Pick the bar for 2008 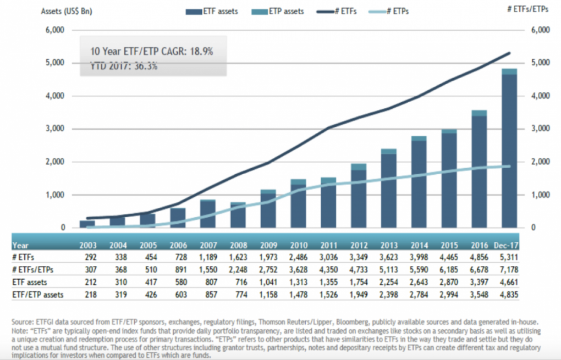coord(238,215)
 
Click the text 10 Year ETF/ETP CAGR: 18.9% coord(152,51)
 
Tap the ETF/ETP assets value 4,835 coord(509,295)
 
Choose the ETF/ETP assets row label coord(38,295)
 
